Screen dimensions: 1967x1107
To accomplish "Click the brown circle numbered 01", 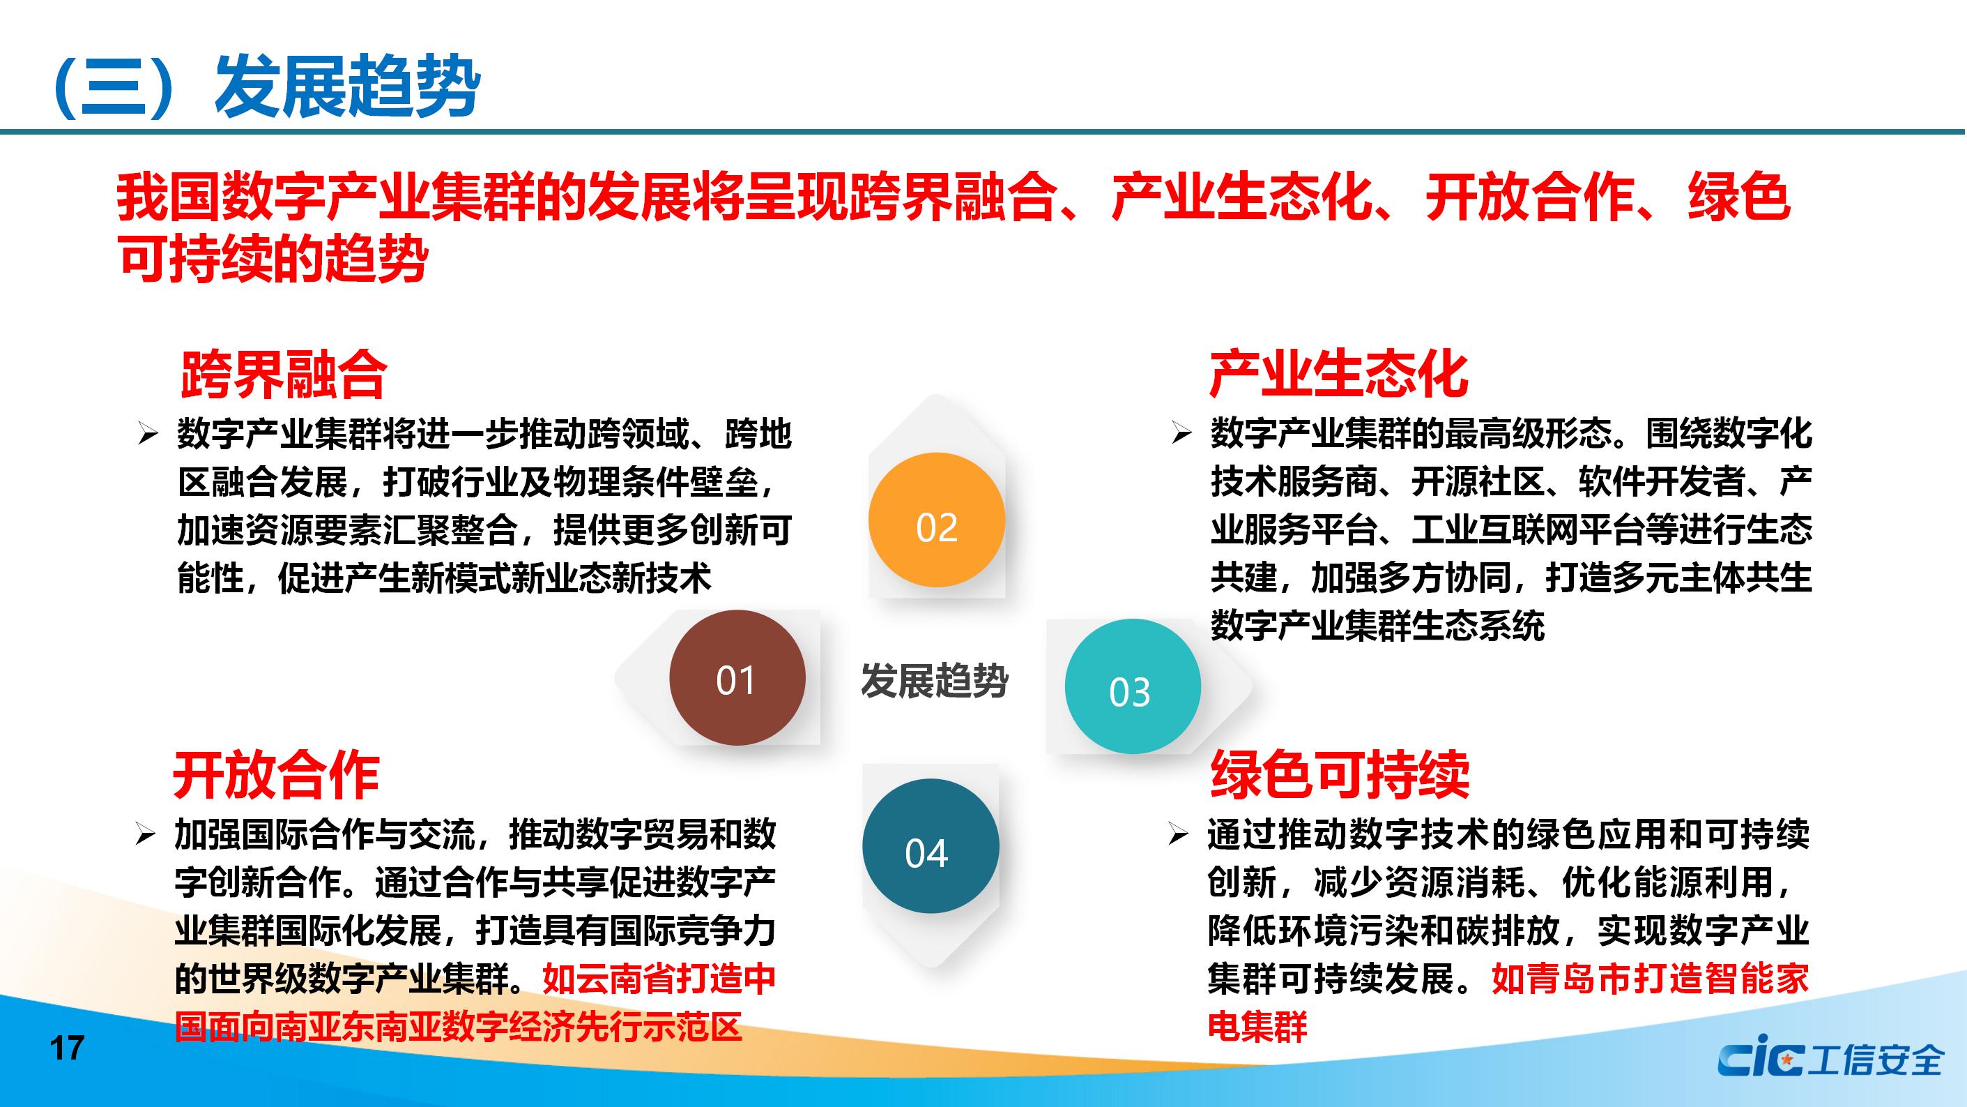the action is pyautogui.click(x=737, y=677).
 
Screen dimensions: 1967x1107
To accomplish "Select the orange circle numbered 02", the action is pyautogui.click(x=936, y=520).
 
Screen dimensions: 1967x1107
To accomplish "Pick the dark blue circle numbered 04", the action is pyautogui.click(x=931, y=845).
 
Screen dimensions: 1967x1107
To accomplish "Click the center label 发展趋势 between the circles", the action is pyautogui.click(x=935, y=680).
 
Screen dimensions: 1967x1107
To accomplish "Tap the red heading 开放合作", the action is pyautogui.click(x=277, y=775).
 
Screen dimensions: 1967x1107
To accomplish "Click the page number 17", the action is pyautogui.click(x=67, y=1048).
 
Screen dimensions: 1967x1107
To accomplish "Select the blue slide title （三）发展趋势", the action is pyautogui.click(x=263, y=86).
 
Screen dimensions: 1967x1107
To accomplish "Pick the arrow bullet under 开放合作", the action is pyautogui.click(x=145, y=835).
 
